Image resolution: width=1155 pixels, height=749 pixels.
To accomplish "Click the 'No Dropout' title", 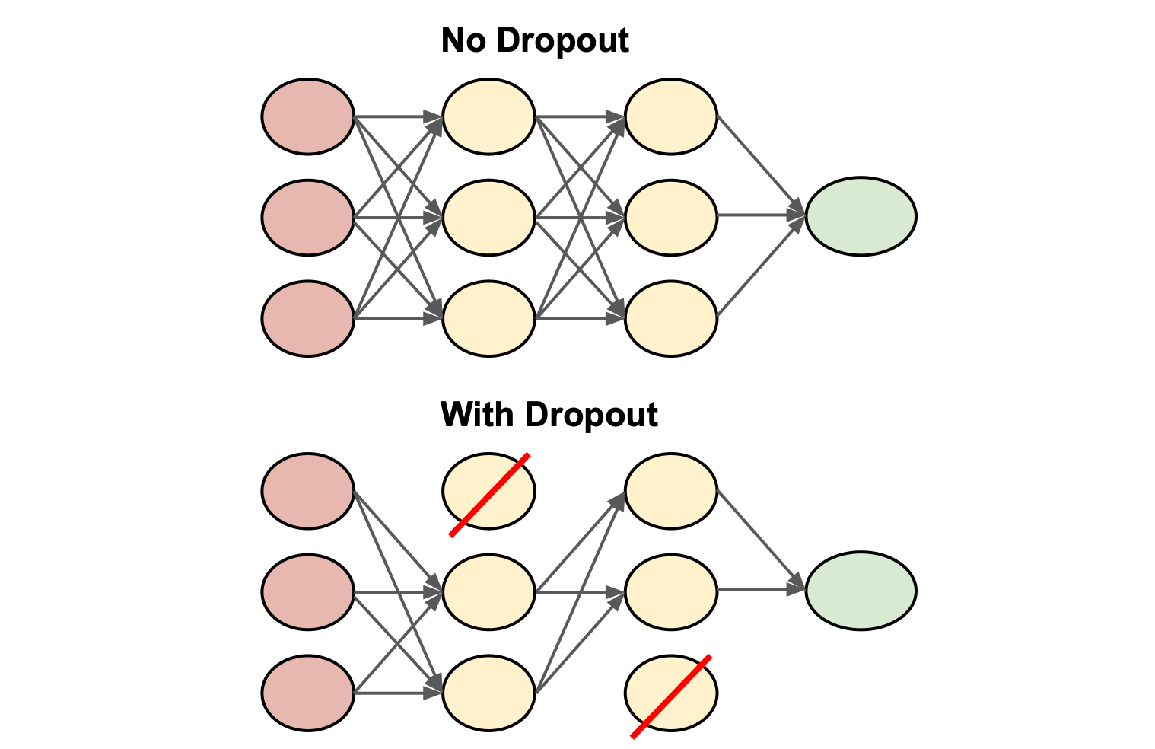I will (535, 40).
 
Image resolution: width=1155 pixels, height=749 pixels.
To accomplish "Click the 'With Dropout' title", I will (549, 415).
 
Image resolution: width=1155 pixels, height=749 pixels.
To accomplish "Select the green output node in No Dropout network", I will (861, 216).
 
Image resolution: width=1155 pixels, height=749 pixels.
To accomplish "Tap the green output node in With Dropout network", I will (861, 591).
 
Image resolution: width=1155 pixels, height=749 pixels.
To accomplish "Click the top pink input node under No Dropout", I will (308, 116).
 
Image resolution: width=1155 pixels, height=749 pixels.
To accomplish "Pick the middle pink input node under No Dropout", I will (308, 218).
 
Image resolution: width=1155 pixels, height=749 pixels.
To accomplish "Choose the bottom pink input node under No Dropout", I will (308, 318).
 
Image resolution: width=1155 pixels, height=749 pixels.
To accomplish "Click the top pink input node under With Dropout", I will (308, 491).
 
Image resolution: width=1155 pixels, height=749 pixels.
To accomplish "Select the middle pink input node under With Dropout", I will (308, 592).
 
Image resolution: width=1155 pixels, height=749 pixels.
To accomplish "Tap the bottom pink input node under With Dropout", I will (308, 693).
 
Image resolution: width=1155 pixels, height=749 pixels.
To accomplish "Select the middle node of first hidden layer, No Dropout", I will (489, 218).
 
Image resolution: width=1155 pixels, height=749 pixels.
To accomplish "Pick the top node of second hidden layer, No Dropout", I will (671, 116).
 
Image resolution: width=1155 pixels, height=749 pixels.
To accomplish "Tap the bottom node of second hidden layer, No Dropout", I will (671, 318).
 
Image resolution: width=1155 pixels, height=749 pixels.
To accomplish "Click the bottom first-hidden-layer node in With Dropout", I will (489, 693).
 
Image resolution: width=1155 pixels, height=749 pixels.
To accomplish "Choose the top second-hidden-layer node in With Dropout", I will (671, 491).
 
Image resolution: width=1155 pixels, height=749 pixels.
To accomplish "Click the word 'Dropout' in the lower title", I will (590, 415).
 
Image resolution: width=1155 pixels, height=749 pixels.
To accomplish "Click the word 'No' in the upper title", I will (463, 40).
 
